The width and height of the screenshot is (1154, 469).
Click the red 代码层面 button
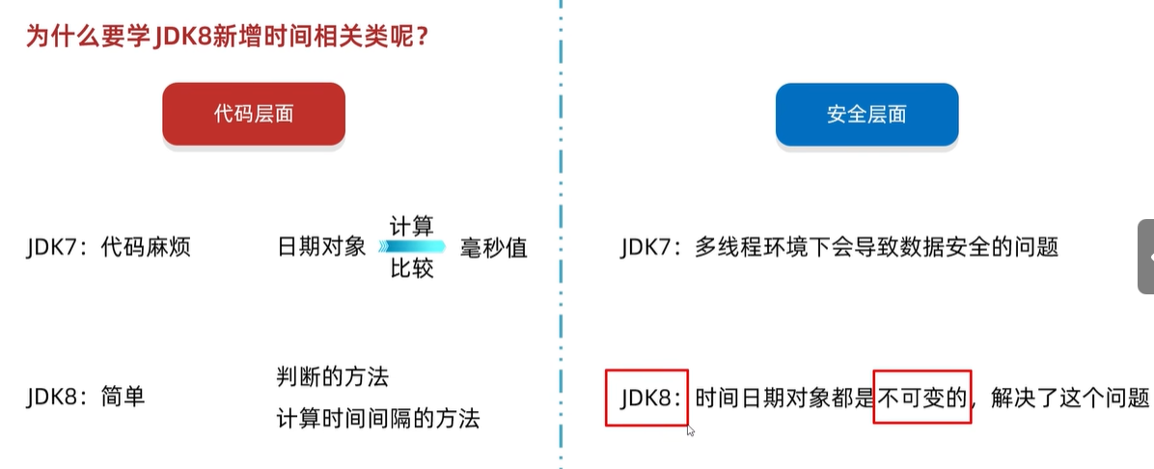click(253, 114)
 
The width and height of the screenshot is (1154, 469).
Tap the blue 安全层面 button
click(866, 114)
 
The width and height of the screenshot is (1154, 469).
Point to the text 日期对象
click(321, 247)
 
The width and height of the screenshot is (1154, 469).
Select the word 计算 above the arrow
click(411, 227)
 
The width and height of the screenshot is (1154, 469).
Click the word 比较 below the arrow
click(411, 268)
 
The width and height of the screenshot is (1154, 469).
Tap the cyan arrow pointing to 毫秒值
click(411, 247)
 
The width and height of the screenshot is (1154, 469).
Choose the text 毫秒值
click(494, 247)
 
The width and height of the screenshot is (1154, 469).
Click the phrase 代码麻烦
click(146, 247)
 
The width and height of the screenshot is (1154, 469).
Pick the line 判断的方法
click(332, 376)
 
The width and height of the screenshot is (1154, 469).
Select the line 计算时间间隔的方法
click(377, 418)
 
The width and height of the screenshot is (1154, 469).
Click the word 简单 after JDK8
click(123, 396)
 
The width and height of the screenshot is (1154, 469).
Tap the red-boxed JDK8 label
click(646, 397)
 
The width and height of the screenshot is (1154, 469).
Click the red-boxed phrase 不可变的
click(921, 397)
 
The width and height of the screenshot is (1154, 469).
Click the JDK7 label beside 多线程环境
click(652, 247)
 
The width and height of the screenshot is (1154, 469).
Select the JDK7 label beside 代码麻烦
click(58, 247)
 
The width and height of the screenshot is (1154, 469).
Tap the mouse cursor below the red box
click(691, 431)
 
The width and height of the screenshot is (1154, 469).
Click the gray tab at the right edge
click(1146, 256)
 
